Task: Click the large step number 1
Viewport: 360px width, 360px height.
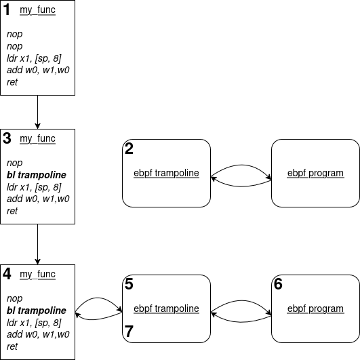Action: point(7,10)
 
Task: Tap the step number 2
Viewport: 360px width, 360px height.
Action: point(129,148)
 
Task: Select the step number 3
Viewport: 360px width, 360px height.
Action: point(7,138)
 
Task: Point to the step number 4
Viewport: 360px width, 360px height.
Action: point(7,274)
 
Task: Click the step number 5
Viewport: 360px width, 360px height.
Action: point(129,284)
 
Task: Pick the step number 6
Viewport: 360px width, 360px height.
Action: point(278,284)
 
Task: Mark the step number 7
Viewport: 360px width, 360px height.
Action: point(129,332)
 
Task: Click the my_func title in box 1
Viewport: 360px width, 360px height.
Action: point(38,10)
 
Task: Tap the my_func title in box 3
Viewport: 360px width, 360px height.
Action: point(38,139)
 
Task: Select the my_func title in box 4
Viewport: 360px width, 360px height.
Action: point(38,274)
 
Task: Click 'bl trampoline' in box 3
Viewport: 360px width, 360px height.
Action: point(37,175)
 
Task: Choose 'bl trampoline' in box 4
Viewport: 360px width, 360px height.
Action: point(37,311)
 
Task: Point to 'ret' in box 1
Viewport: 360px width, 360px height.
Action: point(12,82)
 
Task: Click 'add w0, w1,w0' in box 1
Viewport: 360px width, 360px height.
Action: point(38,70)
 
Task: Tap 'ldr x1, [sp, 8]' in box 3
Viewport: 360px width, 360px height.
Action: point(34,187)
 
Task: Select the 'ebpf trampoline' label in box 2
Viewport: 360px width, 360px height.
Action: point(167,173)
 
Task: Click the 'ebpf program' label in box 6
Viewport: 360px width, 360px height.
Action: point(315,308)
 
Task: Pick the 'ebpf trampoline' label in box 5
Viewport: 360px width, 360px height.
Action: point(167,308)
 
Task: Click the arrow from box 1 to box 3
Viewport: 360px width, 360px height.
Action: point(38,112)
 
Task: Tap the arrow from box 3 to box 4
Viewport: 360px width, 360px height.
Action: point(38,244)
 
